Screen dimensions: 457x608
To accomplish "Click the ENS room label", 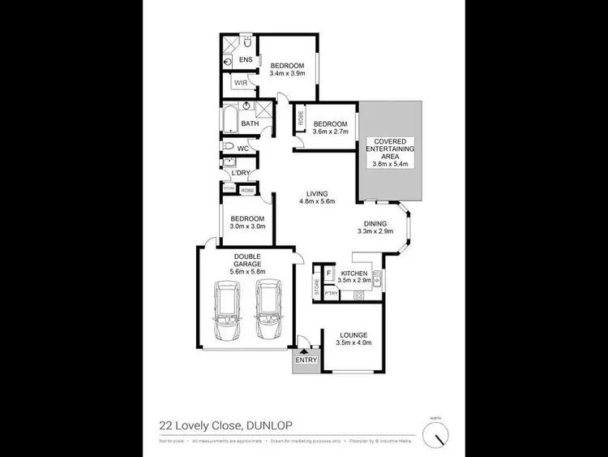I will pos(245,60).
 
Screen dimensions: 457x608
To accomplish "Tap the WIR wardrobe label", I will pos(241,83).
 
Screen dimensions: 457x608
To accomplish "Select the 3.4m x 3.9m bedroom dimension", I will pos(286,72).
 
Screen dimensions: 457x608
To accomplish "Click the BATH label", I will pos(249,124).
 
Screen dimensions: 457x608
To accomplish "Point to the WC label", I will pos(242,148).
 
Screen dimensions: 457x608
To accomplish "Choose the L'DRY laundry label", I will pos(240,172).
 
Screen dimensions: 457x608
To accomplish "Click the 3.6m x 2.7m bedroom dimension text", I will pos(330,131).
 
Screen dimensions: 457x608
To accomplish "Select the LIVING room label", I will pos(316,193).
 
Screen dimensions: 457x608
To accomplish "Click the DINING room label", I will pos(375,224).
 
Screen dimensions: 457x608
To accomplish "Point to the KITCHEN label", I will pos(355,274).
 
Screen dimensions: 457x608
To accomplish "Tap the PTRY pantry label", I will pos(330,293).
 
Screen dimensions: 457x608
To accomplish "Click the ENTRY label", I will pos(306,360).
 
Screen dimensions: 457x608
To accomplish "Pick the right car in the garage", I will pos(268,312).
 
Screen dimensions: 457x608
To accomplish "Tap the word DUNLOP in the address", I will pos(269,424).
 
